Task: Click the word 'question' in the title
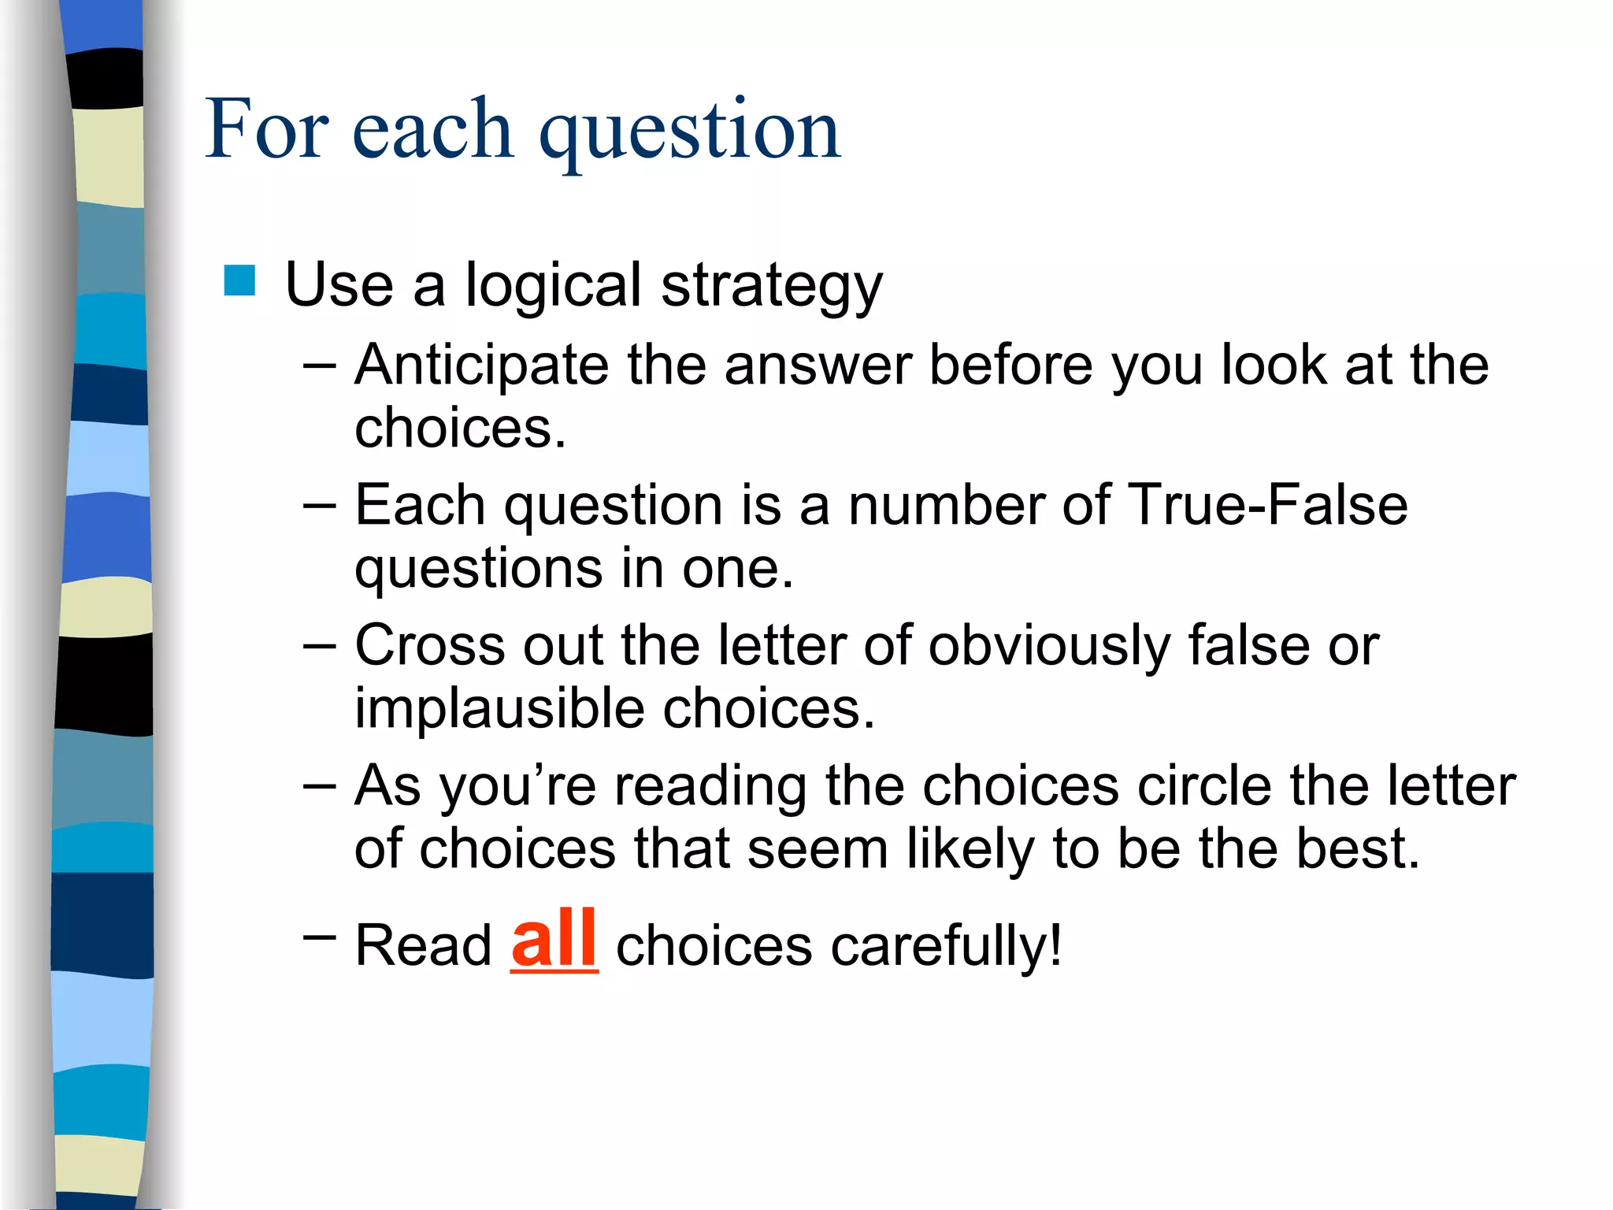coord(690,131)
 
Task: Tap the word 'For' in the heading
coord(266,129)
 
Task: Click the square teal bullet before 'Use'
coord(239,281)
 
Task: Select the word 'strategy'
coord(771,286)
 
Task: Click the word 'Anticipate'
coord(481,366)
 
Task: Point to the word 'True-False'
coord(1267,505)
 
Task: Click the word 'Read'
coord(423,945)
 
